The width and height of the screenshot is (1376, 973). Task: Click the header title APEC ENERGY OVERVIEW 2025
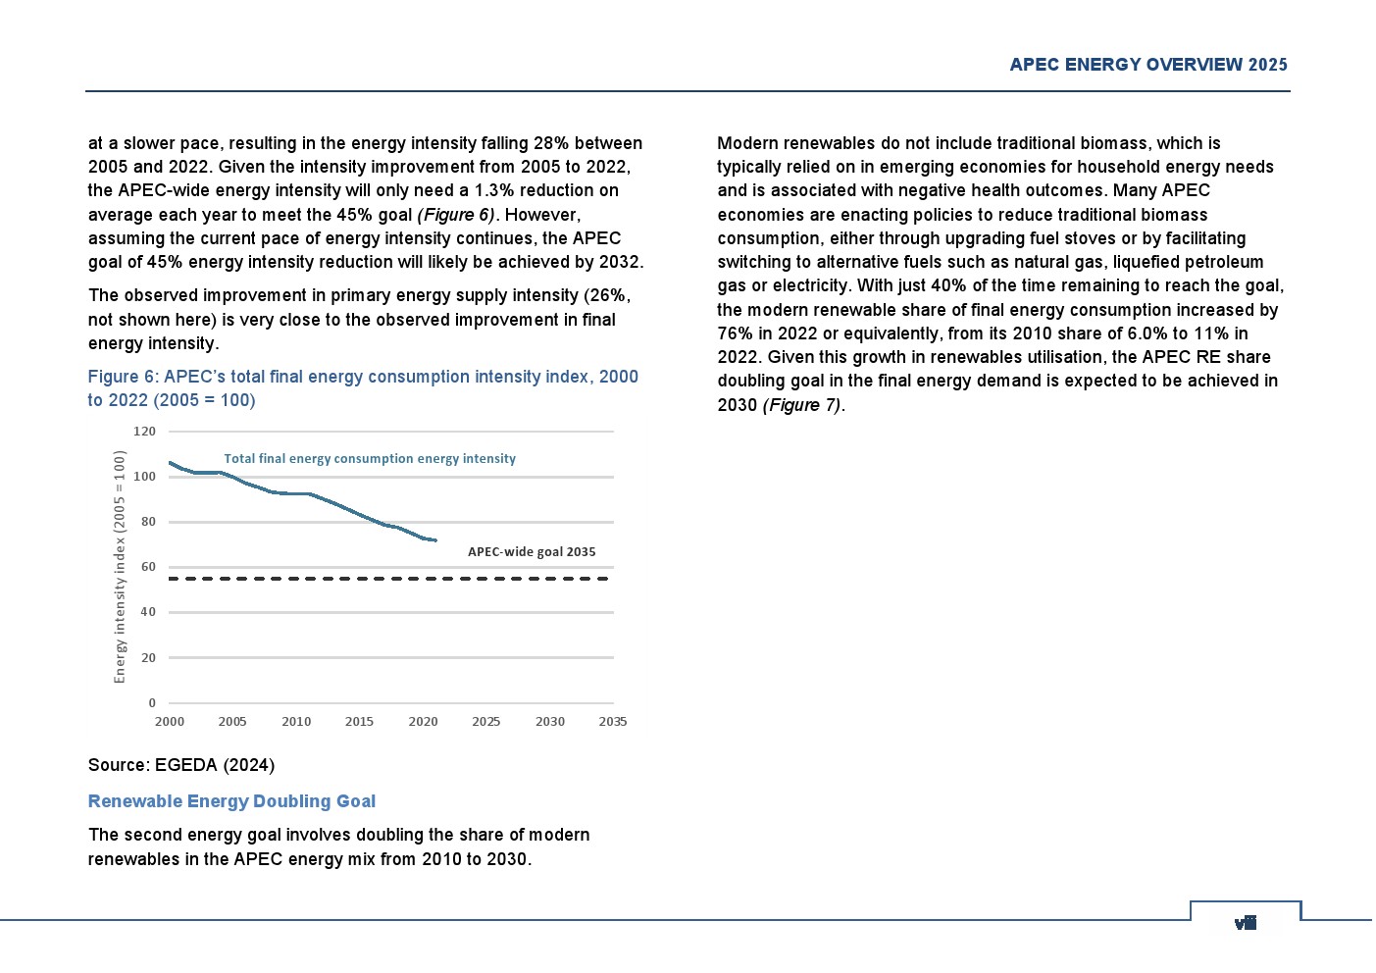point(1148,65)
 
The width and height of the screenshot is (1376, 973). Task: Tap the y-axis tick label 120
point(144,432)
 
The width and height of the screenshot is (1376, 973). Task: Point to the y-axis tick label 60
point(148,567)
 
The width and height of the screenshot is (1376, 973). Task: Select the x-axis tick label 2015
point(359,722)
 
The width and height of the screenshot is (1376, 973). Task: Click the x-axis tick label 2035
point(613,722)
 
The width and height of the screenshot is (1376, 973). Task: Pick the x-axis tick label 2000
point(170,722)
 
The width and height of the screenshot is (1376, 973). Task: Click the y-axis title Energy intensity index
point(120,567)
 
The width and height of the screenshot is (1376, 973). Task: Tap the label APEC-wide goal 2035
point(532,552)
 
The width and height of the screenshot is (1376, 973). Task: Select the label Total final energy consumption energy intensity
point(370,458)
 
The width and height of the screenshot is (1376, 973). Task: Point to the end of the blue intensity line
point(435,540)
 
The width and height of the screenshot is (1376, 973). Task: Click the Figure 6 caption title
point(363,388)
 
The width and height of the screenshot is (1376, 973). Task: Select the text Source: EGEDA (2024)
point(181,765)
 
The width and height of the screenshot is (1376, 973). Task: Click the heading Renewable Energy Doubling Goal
point(231,801)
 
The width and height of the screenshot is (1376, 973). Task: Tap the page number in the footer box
point(1246,922)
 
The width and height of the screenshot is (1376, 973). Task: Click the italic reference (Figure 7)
point(803,405)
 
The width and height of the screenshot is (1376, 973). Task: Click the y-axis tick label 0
point(152,703)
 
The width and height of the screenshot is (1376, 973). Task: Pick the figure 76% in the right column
point(736,333)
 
